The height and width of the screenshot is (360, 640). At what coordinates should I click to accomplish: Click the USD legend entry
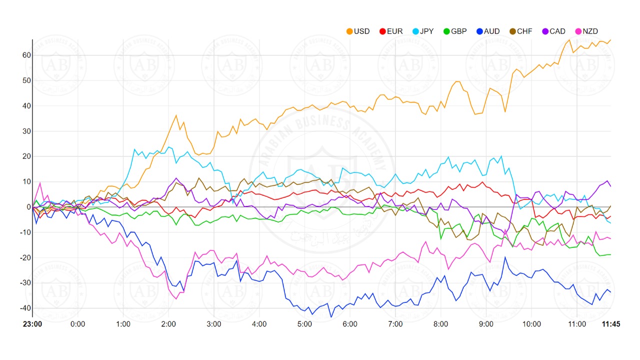point(358,31)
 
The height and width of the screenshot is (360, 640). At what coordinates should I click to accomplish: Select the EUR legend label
point(390,31)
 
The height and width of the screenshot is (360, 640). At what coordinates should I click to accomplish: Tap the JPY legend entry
point(422,31)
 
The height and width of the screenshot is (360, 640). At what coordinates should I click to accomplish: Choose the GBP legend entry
point(454,31)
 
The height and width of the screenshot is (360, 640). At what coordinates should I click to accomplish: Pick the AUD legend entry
point(487,31)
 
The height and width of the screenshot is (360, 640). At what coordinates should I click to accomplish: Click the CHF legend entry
point(520,31)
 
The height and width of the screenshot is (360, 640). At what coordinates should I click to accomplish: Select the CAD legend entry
point(553,31)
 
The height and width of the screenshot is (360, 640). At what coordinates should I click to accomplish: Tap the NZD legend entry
point(586,31)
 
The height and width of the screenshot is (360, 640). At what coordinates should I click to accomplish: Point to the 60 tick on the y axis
point(25,55)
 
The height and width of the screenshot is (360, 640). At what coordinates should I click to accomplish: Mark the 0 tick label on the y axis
point(28,207)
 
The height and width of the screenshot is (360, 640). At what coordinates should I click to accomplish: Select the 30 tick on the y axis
point(25,131)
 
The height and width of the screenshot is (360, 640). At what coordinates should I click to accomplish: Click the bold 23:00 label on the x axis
point(32,324)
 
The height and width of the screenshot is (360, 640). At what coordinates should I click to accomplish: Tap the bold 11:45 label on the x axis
point(610,324)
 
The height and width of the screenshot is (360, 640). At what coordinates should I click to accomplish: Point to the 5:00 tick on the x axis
point(304,324)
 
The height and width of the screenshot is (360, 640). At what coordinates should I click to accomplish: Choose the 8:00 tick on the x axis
point(440,324)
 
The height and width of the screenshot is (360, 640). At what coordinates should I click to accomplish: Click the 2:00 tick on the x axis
point(168,324)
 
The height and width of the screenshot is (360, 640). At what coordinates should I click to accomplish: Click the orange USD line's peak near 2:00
point(176,115)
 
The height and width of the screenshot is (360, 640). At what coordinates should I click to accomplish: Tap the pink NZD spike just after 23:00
point(40,182)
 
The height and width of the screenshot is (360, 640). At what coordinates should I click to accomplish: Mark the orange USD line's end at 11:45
point(610,40)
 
